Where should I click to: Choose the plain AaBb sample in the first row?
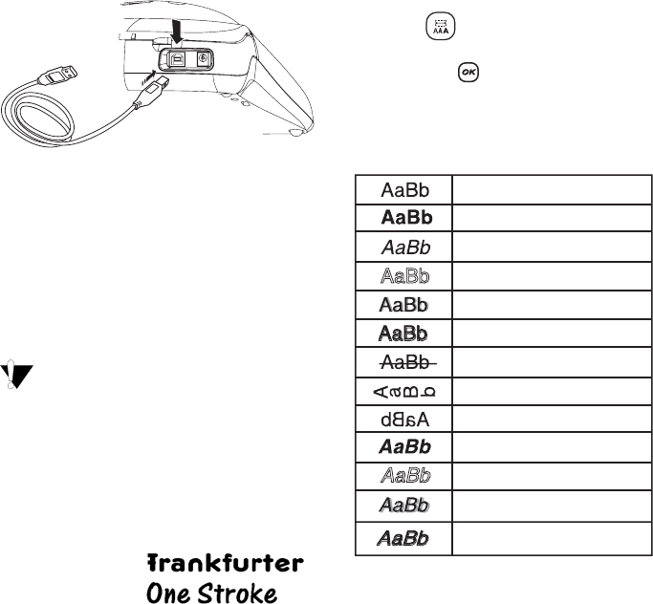[405, 187]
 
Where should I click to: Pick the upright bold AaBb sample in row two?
[405, 217]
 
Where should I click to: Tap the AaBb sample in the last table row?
[405, 539]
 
